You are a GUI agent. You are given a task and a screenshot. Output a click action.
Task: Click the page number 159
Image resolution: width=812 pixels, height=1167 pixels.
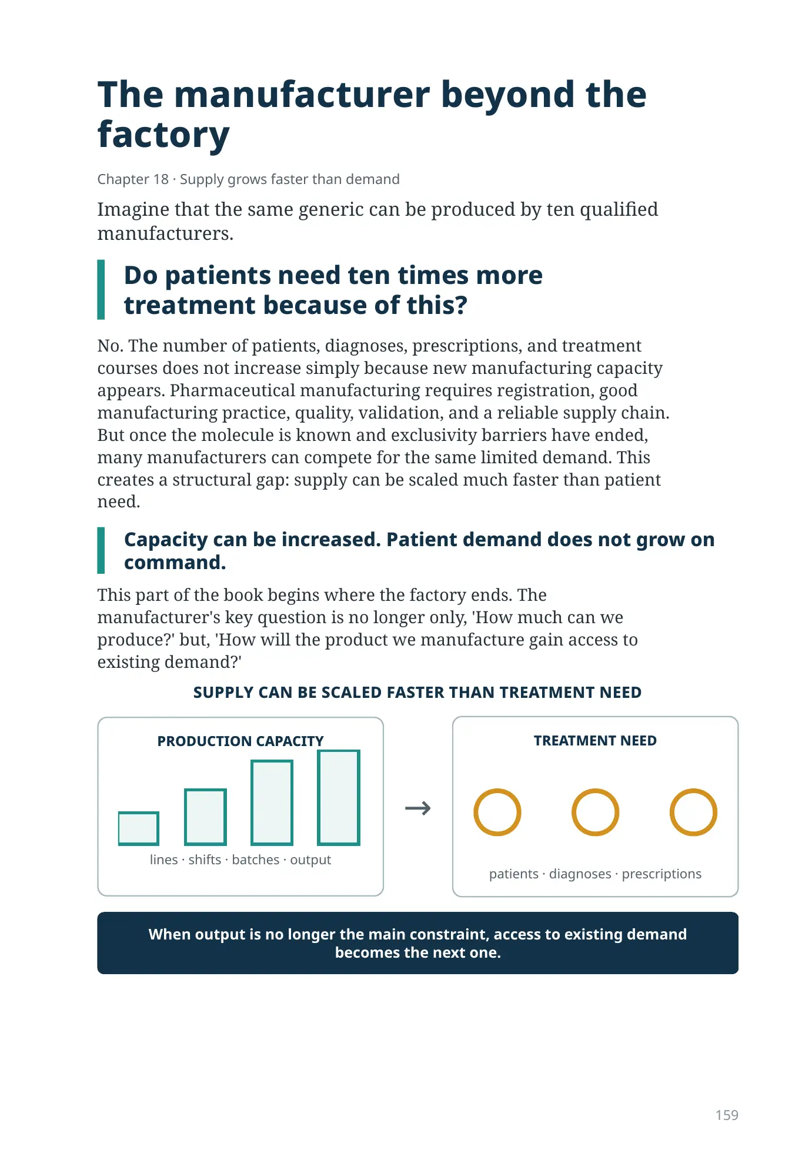[x=726, y=1115]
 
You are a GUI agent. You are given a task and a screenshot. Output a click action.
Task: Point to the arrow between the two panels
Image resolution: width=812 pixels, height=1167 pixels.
[x=418, y=808]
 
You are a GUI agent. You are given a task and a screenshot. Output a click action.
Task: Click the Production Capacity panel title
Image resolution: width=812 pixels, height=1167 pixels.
[x=240, y=741]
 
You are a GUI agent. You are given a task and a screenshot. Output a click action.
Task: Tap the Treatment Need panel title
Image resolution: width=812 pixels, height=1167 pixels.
[x=595, y=741]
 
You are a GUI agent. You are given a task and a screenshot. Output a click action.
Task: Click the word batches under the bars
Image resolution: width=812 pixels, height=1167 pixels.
[x=256, y=860]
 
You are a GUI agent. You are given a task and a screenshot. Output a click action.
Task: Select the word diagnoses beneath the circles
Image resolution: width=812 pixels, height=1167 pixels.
[x=580, y=874]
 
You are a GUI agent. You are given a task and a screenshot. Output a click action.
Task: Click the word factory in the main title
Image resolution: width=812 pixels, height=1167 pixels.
[x=163, y=135]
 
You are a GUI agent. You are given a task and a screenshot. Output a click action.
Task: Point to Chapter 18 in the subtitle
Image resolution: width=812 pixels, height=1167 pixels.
[x=133, y=179]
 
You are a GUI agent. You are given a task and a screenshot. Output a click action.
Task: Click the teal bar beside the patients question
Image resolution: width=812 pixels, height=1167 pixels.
[x=101, y=290]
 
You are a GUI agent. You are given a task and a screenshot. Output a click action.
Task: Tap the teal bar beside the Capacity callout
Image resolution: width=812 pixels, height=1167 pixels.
[x=101, y=550]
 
